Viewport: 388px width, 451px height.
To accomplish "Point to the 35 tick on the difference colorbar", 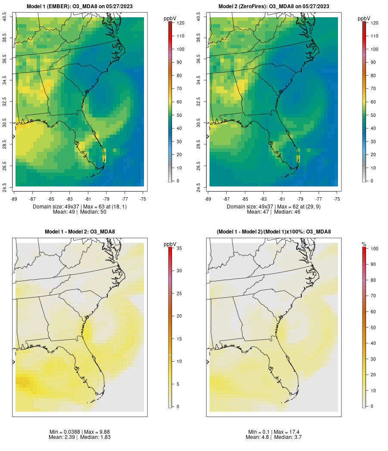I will point(179,248).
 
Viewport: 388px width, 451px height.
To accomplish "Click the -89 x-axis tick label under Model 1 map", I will point(14,199).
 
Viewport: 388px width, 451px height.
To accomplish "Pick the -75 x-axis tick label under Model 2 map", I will point(337,199).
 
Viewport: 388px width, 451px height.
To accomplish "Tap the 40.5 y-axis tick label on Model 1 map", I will point(5,17).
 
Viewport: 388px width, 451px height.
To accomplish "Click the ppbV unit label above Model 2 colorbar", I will point(364,19).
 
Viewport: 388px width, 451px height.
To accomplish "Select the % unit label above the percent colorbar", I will point(364,244).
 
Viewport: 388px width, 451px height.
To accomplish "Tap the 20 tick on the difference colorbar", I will point(179,316).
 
